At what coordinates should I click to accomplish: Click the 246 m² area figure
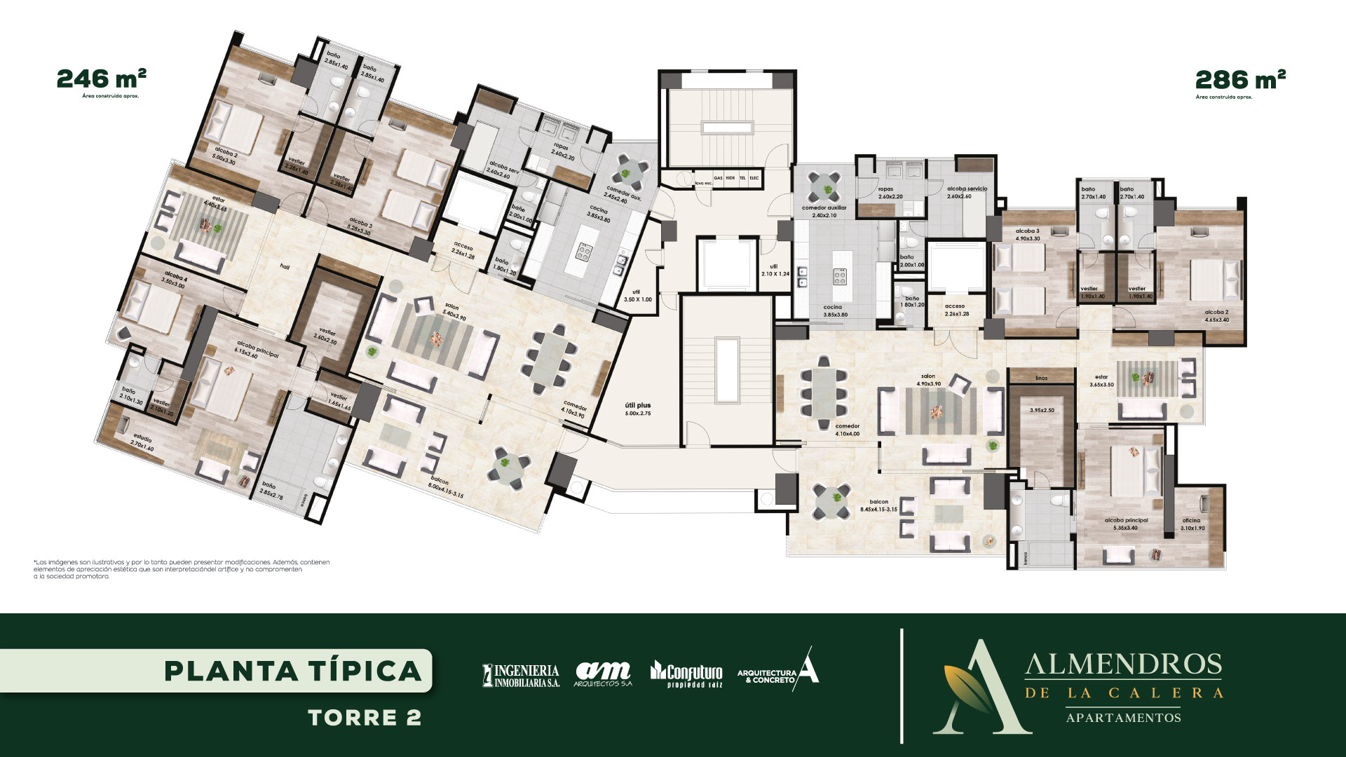click(x=101, y=77)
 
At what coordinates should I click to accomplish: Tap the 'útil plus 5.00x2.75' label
click(x=638, y=409)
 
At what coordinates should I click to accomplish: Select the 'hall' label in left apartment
click(x=285, y=266)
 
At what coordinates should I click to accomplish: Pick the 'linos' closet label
click(x=1041, y=378)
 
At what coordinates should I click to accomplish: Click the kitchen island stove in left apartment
click(x=584, y=250)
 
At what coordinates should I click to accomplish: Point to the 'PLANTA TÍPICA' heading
click(x=293, y=671)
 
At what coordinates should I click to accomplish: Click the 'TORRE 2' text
click(x=365, y=718)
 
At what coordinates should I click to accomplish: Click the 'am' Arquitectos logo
click(x=603, y=674)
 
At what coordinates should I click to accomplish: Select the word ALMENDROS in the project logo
click(x=1123, y=664)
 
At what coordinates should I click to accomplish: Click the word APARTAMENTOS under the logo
click(x=1123, y=718)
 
